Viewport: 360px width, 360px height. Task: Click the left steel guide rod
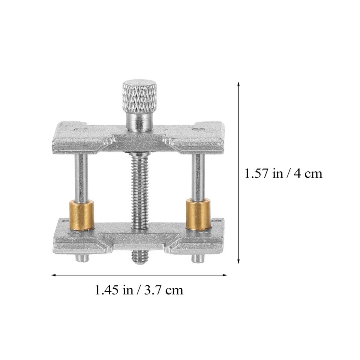pyautogui.click(x=81, y=177)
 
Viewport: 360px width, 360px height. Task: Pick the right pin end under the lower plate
pyautogui.click(x=197, y=258)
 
